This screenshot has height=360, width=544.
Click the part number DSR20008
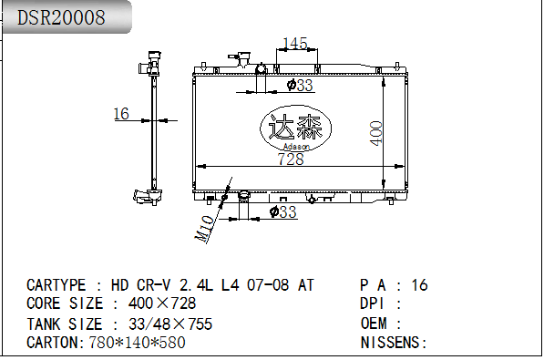[61, 17]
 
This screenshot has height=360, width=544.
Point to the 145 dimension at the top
[295, 44]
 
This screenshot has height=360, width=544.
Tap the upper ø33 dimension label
[300, 85]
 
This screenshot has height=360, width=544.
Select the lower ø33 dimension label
[283, 211]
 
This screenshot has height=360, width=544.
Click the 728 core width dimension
[291, 159]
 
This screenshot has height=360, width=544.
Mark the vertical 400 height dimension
[376, 133]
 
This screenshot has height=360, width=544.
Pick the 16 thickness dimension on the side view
[121, 114]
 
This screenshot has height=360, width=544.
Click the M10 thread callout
[204, 229]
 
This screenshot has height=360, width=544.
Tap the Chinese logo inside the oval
[295, 127]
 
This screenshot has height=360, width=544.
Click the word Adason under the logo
[296, 147]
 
